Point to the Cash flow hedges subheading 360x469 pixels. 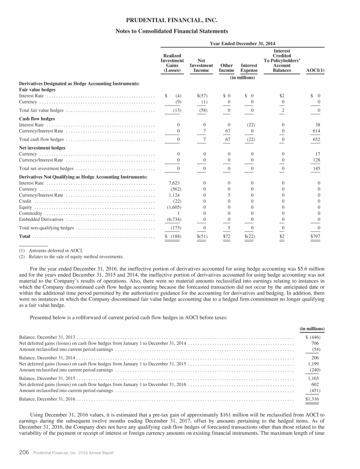click(x=35, y=119)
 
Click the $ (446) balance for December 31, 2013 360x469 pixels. click(x=312, y=337)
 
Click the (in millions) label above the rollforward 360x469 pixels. click(x=312, y=328)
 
